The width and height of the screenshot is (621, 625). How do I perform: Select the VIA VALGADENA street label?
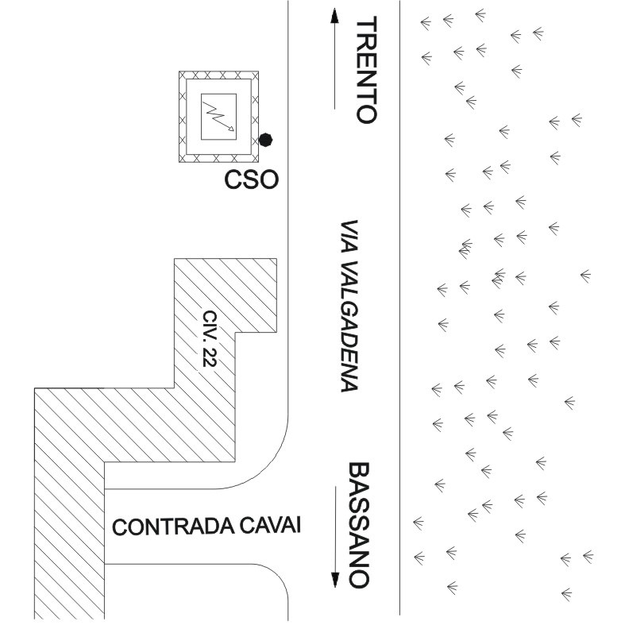[346, 307]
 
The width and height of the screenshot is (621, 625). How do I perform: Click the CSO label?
[252, 181]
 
